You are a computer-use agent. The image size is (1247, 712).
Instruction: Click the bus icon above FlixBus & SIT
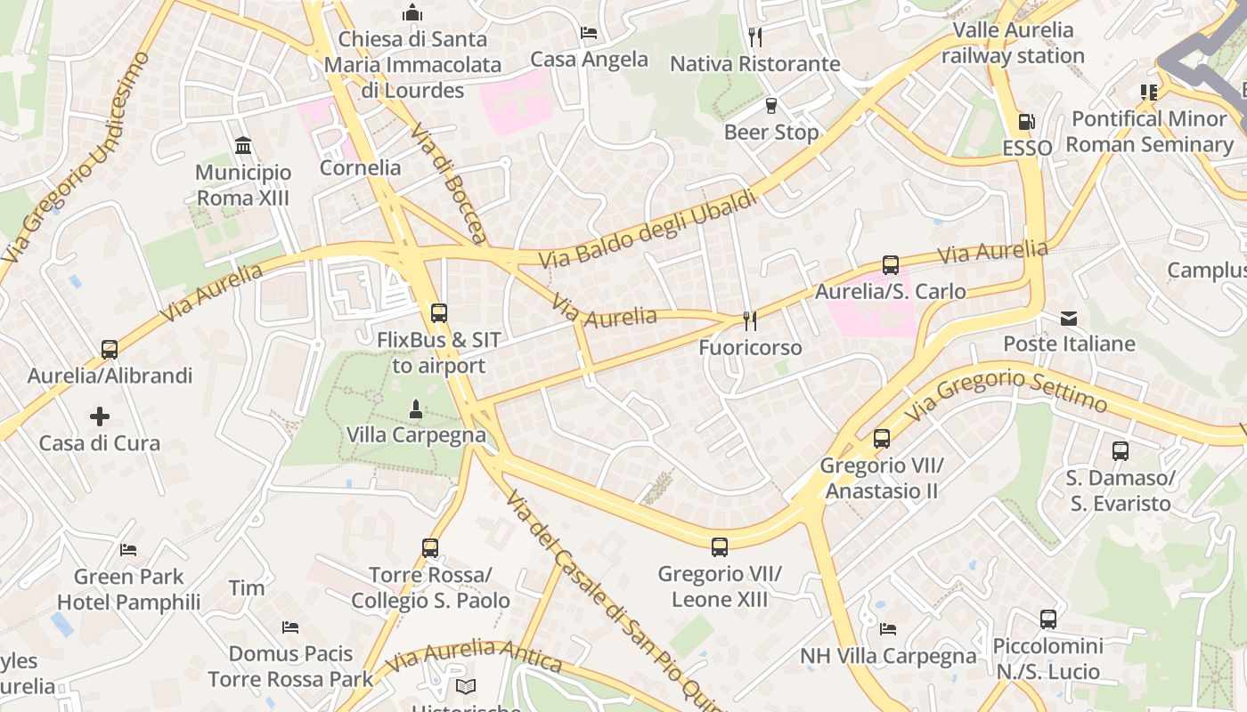438,312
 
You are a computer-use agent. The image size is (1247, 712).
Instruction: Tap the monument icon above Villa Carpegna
414,409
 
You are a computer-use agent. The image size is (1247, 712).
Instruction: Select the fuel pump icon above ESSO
1026,121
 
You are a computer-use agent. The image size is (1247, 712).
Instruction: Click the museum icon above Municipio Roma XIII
243,145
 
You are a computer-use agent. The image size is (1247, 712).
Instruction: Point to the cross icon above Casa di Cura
99,416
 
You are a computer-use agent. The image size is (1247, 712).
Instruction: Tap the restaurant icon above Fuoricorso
750,320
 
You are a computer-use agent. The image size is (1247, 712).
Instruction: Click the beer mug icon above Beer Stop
771,106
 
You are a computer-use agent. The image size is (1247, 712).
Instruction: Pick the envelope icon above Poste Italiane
1069,318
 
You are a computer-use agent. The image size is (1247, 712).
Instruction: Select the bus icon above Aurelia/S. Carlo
890,264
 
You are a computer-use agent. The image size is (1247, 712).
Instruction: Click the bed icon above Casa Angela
589,33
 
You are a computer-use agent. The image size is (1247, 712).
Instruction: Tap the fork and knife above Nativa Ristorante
755,36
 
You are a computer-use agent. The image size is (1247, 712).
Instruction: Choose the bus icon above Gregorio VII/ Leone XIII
719,547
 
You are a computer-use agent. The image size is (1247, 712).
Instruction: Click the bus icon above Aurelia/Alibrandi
110,349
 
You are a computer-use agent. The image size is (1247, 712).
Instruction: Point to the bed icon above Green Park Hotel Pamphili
129,550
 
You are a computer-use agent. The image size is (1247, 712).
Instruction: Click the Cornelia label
360,167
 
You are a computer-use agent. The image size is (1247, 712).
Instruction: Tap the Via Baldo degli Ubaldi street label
648,229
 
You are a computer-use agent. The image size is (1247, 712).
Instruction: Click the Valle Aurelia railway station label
1013,43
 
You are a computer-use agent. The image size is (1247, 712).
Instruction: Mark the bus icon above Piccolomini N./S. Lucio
1047,619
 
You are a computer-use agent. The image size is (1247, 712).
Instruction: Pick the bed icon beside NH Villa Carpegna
888,629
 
